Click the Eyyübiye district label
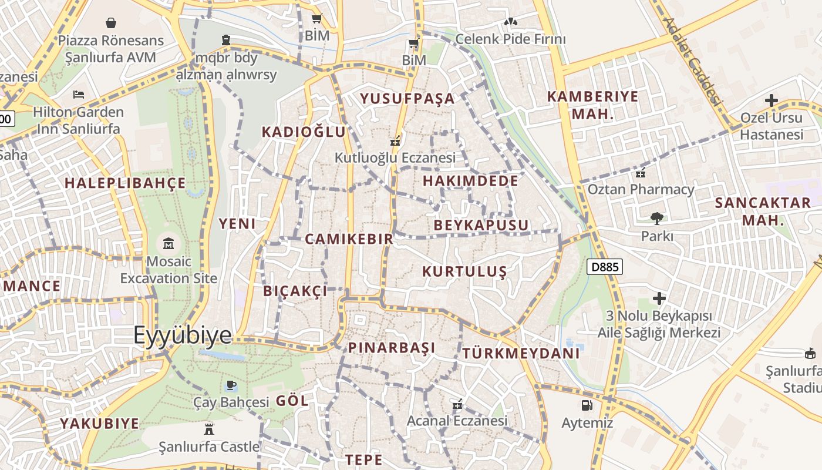click(x=183, y=335)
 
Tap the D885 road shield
click(x=605, y=267)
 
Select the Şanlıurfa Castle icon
click(x=208, y=429)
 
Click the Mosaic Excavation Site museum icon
click(x=169, y=243)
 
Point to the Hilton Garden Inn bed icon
click(x=79, y=94)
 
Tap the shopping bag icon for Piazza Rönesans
click(x=111, y=23)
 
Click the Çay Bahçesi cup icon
click(x=231, y=385)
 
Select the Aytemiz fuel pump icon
click(x=587, y=405)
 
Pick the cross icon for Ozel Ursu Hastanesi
click(x=771, y=100)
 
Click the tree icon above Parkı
click(x=656, y=219)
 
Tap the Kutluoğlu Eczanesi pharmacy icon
click(x=395, y=140)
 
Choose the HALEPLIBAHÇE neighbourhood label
click(x=125, y=183)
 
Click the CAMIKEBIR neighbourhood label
click(x=349, y=239)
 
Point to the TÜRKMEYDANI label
click(x=521, y=354)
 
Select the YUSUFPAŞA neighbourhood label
click(x=407, y=99)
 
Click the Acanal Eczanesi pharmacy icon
click(x=457, y=404)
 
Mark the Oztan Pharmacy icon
click(x=641, y=173)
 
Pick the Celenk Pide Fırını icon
click(x=510, y=22)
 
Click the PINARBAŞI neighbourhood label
click(x=392, y=348)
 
